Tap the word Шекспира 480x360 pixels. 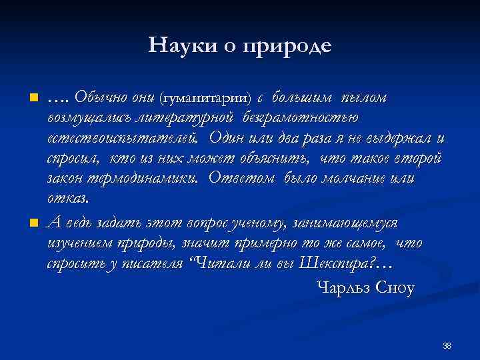click(338, 263)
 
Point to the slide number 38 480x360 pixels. click(447, 345)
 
